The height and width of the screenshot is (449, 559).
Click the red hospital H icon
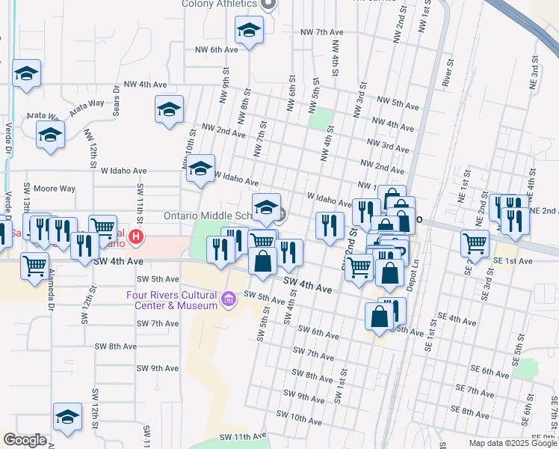click(136, 238)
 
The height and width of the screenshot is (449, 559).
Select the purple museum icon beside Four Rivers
click(229, 301)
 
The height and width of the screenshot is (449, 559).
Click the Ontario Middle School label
click(206, 216)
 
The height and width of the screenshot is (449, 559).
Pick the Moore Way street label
click(58, 189)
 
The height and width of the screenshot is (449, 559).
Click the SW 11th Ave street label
click(243, 436)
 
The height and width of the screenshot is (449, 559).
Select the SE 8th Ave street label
click(469, 412)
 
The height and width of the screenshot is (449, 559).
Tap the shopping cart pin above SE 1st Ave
click(475, 242)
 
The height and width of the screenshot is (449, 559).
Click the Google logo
click(24, 439)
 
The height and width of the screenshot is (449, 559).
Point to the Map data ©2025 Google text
click(513, 443)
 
